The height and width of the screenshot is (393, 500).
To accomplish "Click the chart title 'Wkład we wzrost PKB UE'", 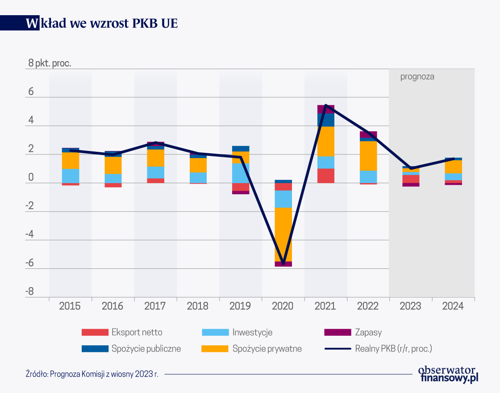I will tap(102, 23).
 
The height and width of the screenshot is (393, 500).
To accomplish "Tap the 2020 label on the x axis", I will tap(283, 306).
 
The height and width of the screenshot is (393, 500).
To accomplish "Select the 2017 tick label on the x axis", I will tap(155, 306).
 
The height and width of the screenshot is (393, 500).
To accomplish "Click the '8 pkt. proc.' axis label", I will tap(50, 63).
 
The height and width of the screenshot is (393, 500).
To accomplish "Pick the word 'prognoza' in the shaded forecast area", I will tap(417, 76).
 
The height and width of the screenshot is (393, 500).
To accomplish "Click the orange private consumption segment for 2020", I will tap(283, 234).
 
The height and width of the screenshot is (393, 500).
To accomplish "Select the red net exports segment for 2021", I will tap(325, 176).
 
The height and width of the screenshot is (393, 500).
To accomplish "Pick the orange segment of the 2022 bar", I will tap(368, 156).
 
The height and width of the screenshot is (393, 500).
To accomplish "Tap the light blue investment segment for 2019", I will tap(241, 173).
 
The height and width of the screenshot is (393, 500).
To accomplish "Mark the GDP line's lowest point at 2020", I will tap(283, 263).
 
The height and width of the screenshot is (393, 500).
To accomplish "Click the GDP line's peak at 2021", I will tap(325, 105).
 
